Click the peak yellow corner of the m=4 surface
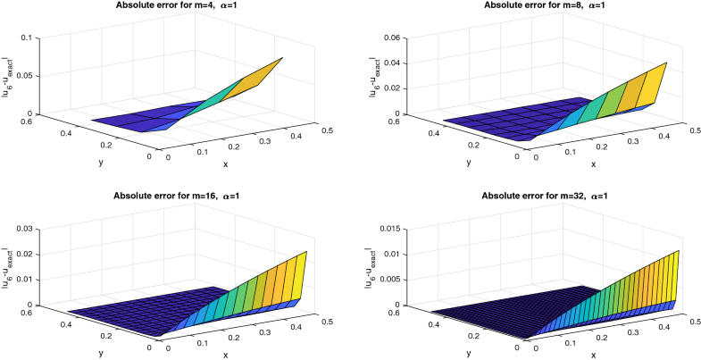click(x=283, y=58)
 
